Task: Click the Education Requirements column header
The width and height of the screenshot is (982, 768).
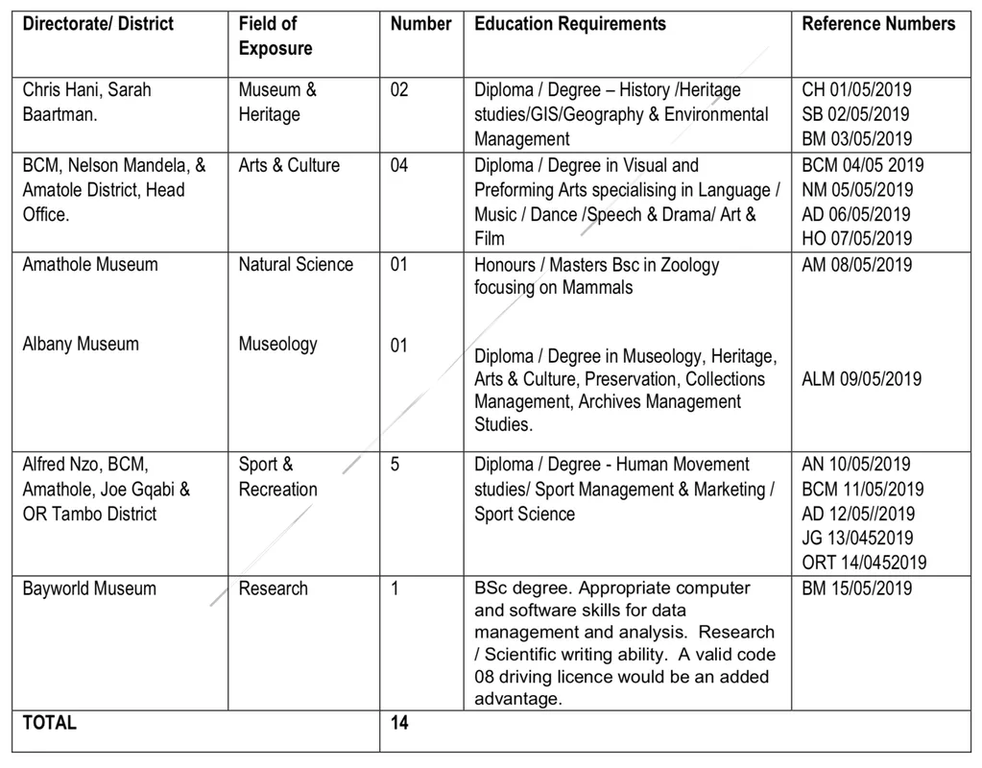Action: (x=569, y=24)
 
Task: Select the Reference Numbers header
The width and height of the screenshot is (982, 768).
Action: (x=878, y=24)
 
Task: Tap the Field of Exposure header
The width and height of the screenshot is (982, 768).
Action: (x=268, y=36)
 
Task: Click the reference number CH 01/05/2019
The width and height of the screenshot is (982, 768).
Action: (x=856, y=90)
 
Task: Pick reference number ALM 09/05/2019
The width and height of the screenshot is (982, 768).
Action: (x=861, y=378)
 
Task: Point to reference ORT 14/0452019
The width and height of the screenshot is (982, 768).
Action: (x=864, y=563)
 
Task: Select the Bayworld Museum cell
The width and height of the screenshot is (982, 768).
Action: (x=89, y=588)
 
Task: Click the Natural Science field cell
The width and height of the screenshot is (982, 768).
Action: (x=296, y=264)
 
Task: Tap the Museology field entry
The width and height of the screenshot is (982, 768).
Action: (x=277, y=344)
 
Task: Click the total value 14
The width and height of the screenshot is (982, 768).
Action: (x=399, y=723)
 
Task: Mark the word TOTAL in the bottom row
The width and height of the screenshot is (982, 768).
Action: (x=50, y=723)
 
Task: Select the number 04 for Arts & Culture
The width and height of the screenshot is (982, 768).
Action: (x=399, y=165)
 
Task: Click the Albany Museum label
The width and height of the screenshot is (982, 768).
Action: (x=81, y=344)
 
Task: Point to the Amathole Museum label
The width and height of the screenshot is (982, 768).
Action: (x=90, y=264)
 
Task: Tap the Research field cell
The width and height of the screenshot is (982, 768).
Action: (x=274, y=588)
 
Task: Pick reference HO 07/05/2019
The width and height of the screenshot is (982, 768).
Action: (x=857, y=238)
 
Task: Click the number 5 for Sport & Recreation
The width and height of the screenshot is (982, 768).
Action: (x=395, y=465)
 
